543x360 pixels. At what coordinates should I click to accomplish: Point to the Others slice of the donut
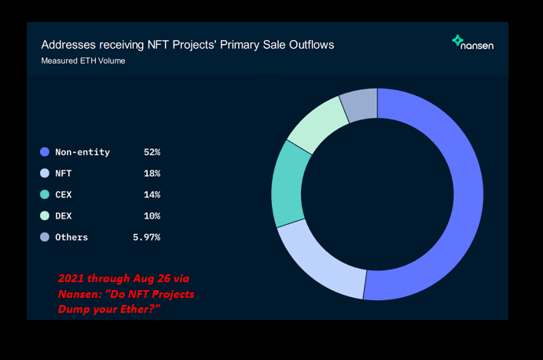(360, 105)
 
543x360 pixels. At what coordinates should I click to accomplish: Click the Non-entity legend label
(82, 152)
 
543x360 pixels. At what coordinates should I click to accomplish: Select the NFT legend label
(64, 173)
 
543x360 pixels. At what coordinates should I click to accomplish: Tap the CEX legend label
(64, 194)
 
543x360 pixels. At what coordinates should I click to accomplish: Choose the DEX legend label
(64, 215)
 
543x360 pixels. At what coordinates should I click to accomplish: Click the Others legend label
(72, 237)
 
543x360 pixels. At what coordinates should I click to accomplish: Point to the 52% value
(151, 152)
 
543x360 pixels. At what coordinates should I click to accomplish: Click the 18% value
(151, 173)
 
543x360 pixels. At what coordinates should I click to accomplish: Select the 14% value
(151, 194)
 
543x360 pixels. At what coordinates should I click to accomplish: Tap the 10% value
(151, 215)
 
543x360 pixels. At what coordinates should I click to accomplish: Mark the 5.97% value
(146, 237)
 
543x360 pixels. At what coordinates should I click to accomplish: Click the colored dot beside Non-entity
(45, 152)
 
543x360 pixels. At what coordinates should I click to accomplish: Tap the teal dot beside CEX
(45, 194)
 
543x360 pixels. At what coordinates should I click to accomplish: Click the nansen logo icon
(457, 41)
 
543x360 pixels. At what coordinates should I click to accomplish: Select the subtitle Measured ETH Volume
(83, 61)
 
